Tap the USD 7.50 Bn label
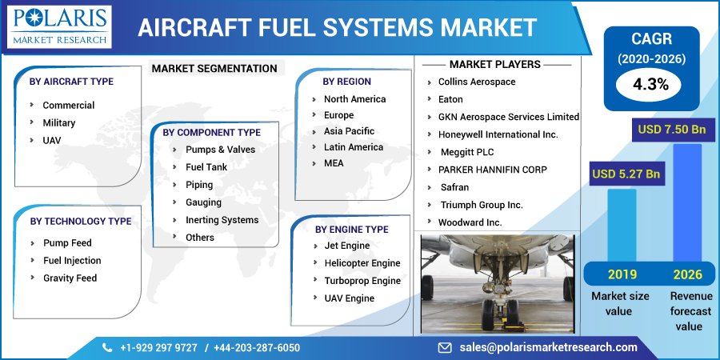pos(670,130)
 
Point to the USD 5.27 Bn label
pos(626,174)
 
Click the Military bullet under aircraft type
pos(58,123)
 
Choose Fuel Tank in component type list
pos(206,167)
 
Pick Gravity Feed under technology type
pos(70,278)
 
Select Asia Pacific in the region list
pos(349,131)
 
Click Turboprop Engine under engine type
pos(362,281)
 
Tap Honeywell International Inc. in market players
pos(498,134)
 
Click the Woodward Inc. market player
pos(470,222)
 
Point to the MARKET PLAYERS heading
pos(494,64)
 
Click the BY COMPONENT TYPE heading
pos(211,132)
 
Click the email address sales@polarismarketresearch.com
pos(548,347)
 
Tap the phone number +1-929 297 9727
pos(158,347)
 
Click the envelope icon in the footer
pos(445,347)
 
